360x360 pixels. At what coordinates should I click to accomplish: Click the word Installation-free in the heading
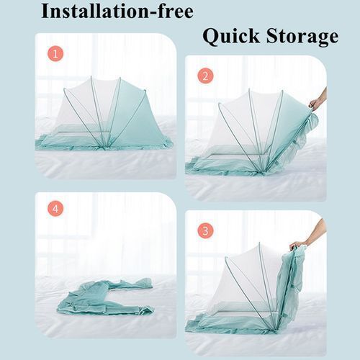point(117,12)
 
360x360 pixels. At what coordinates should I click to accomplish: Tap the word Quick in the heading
point(231,37)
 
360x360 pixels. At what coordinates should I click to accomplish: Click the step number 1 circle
point(55,54)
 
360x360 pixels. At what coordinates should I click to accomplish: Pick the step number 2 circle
point(205,76)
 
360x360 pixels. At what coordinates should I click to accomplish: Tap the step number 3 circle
point(205,231)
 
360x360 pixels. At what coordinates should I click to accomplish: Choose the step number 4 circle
point(55,209)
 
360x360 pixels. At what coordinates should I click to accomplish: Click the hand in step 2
point(318,101)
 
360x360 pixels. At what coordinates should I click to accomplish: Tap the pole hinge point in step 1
point(104,148)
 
